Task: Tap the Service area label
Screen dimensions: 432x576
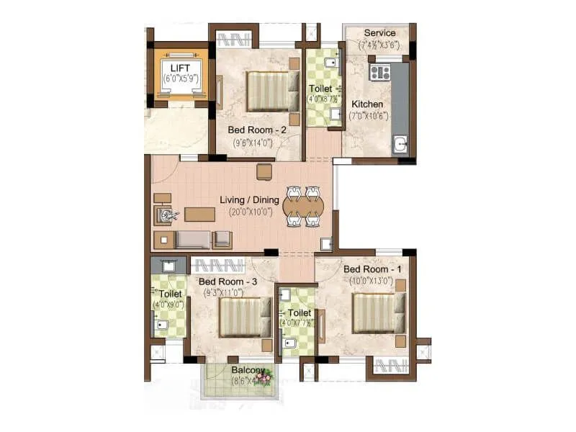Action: tap(379, 33)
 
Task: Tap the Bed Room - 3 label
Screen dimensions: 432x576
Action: tap(228, 282)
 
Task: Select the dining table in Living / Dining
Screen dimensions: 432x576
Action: tap(303, 207)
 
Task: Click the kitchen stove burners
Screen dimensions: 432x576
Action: tap(379, 72)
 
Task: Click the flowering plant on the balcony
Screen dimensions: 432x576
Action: tap(266, 377)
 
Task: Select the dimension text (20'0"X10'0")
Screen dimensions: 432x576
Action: tap(251, 212)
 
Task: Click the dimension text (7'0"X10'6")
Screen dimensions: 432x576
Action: tap(369, 116)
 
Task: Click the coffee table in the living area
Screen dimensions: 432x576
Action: tap(199, 214)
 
